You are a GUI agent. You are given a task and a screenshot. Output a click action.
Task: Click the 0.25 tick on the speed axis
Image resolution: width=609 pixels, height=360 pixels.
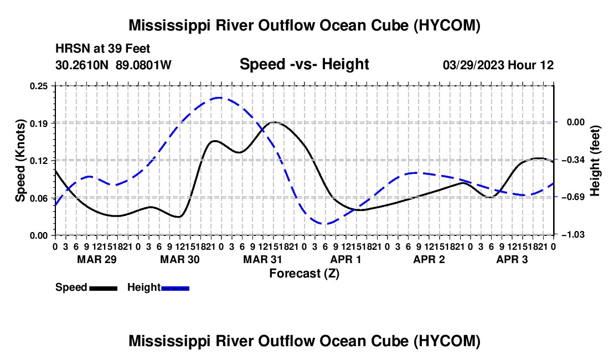click(x=38, y=86)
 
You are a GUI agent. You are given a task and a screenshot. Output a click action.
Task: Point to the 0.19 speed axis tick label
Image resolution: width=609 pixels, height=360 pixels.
click(x=38, y=124)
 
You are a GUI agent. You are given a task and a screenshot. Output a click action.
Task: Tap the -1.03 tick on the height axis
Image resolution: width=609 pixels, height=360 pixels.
click(x=575, y=235)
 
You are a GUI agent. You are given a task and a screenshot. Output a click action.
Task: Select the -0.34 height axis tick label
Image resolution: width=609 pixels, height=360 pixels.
click(x=575, y=160)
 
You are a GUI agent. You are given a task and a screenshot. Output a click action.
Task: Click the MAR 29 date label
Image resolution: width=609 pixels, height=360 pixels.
click(x=97, y=259)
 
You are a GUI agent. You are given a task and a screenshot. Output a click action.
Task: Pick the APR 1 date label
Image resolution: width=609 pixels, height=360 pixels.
click(x=345, y=259)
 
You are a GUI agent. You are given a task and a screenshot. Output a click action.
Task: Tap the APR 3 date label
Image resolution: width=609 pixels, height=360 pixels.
click(x=512, y=259)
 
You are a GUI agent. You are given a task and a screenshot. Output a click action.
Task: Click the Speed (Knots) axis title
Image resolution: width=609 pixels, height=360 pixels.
click(x=20, y=161)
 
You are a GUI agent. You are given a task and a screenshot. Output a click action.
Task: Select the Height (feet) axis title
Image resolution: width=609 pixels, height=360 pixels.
click(x=595, y=161)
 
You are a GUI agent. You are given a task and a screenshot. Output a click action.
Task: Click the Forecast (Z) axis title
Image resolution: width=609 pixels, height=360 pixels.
click(x=304, y=274)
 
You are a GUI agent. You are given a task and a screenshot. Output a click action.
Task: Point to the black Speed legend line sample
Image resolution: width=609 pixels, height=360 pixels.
click(x=104, y=288)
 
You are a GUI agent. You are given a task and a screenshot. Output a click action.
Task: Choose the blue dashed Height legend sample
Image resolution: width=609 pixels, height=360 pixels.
click(x=175, y=288)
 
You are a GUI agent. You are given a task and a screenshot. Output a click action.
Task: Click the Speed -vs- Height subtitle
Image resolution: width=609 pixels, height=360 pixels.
click(x=304, y=64)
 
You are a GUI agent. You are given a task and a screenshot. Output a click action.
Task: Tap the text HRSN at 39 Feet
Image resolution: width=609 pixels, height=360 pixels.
click(x=103, y=49)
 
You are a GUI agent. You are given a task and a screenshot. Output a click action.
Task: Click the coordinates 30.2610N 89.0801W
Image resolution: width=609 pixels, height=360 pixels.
click(x=113, y=65)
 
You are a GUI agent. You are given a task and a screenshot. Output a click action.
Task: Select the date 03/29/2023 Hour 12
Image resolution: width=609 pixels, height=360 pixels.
click(x=498, y=65)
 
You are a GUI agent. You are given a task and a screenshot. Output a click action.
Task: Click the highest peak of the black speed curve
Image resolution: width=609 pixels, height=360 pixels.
click(x=274, y=122)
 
